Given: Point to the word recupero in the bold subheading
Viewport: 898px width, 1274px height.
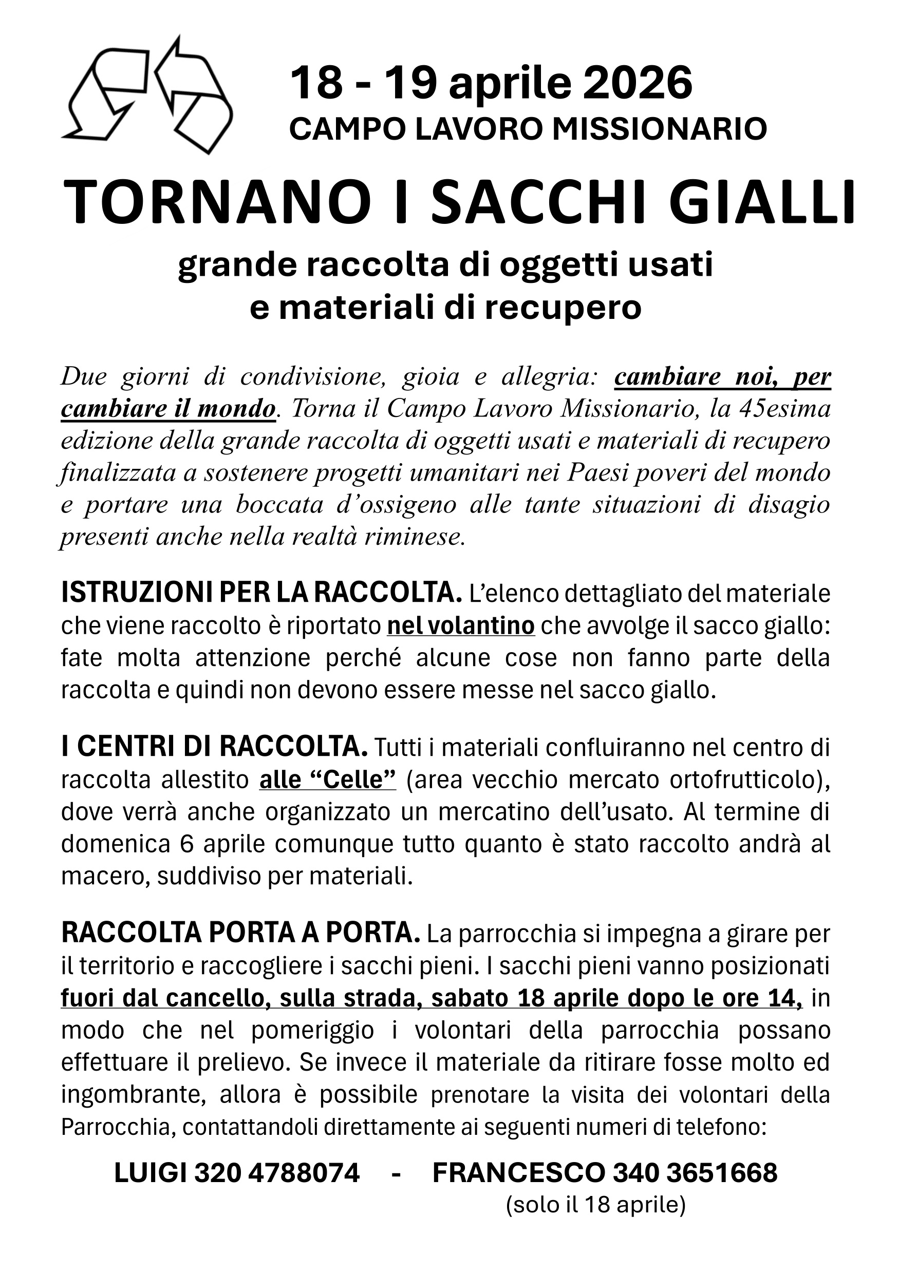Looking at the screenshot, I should (x=564, y=308).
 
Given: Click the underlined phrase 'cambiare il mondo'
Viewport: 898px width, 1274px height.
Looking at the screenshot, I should (x=168, y=409).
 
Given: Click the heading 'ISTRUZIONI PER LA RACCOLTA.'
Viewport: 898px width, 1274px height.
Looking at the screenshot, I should (x=261, y=593).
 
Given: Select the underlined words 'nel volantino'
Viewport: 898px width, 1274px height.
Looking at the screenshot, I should (x=461, y=625).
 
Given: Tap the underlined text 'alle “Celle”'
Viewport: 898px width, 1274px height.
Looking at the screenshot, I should (x=327, y=779).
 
